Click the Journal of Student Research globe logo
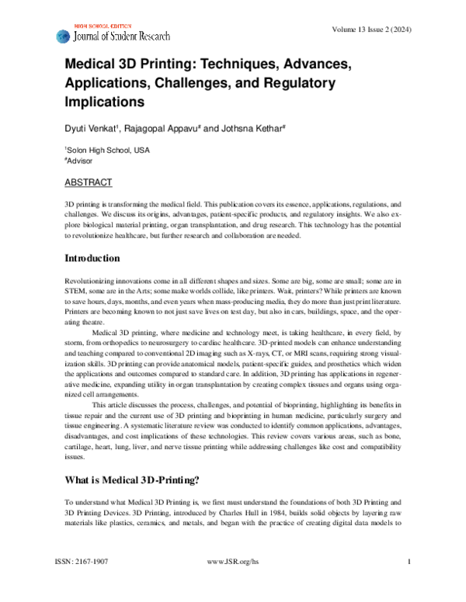[63, 36]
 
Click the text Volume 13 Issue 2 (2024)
[371, 29]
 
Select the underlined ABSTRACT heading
[88, 183]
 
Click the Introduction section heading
[92, 258]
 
